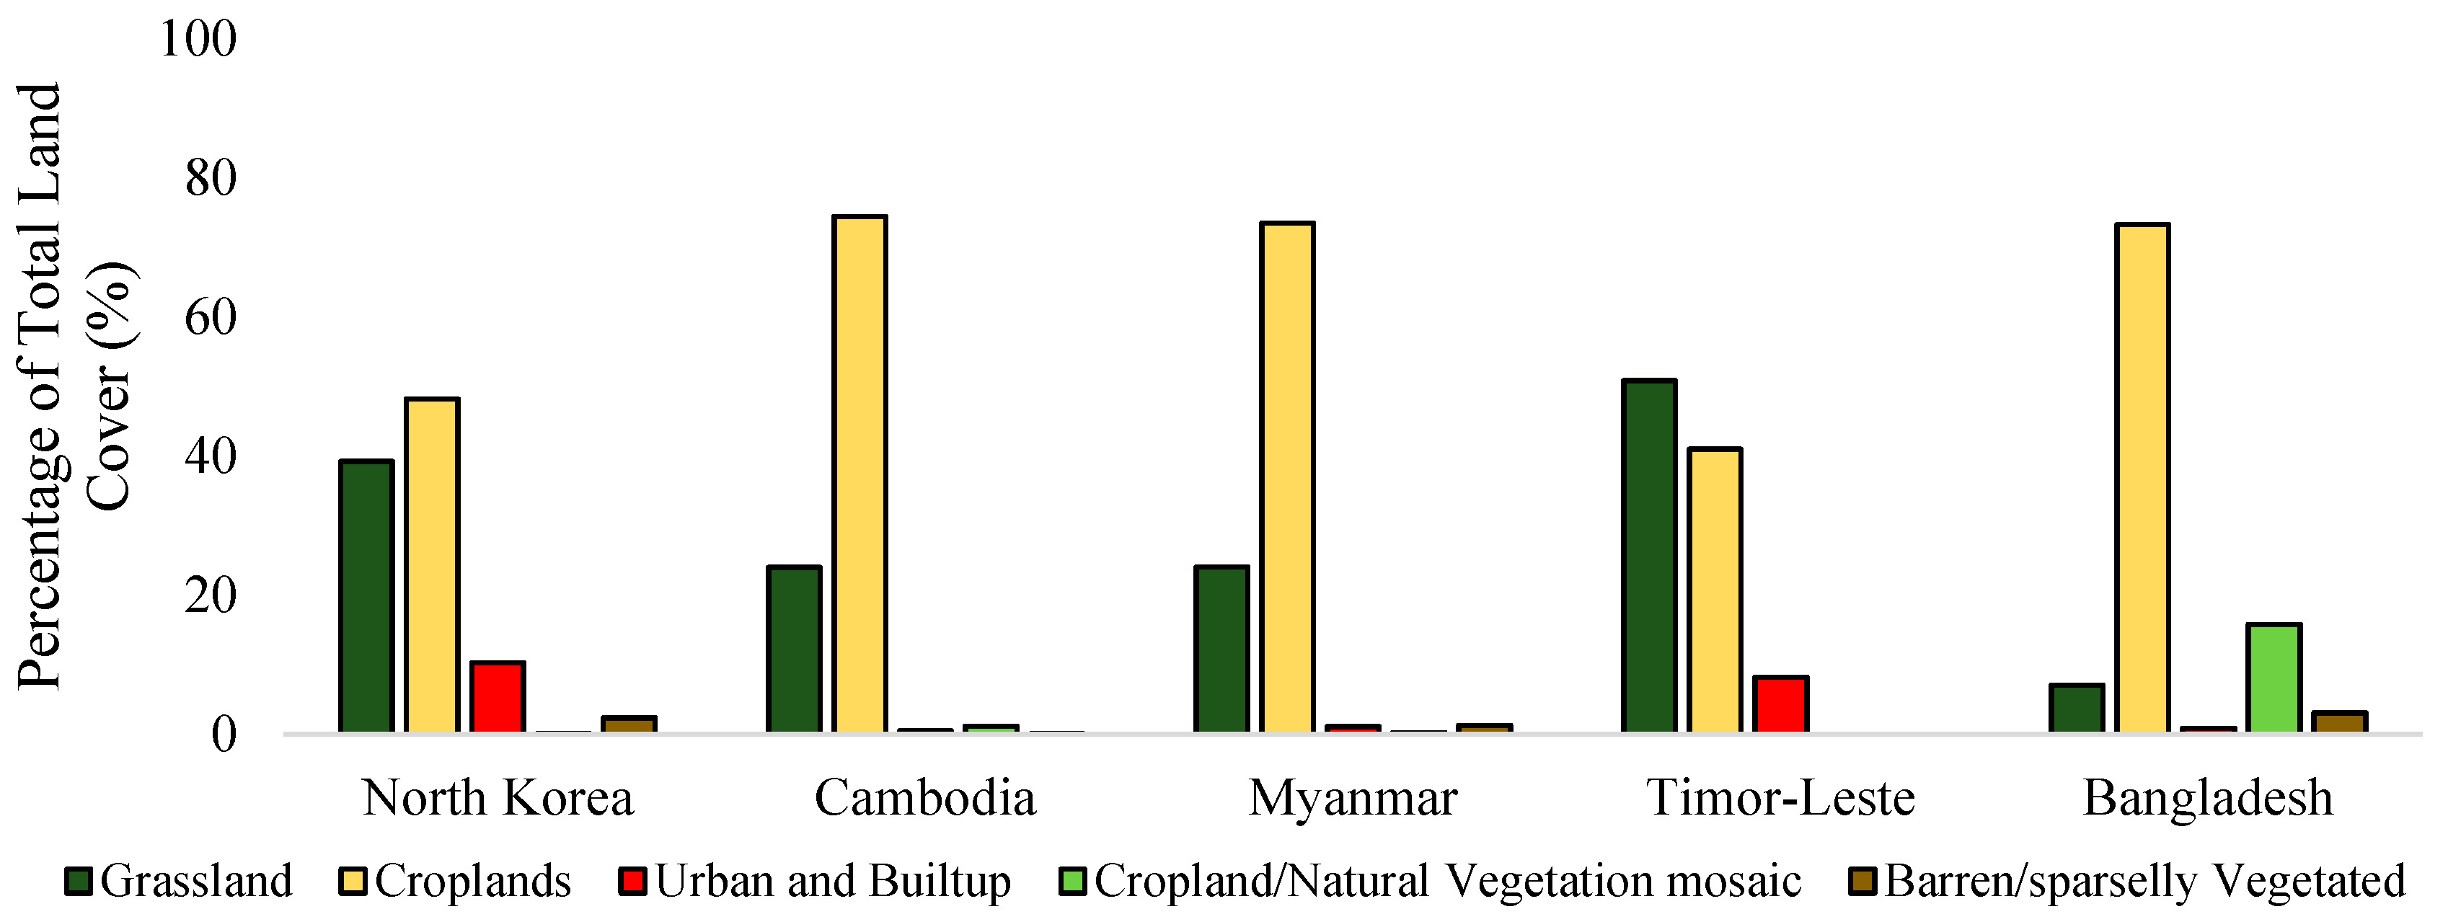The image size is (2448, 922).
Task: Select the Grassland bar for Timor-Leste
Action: (1649, 556)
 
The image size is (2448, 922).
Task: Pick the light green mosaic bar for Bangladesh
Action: (2273, 678)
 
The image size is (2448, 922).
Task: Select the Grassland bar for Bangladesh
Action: (2077, 708)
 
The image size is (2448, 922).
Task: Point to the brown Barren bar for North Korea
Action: (628, 724)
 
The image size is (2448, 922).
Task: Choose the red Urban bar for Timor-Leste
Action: (1780, 704)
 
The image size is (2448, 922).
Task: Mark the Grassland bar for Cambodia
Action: (793, 650)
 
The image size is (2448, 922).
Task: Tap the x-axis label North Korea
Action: (497, 799)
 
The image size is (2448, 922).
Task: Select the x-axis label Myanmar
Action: (1352, 799)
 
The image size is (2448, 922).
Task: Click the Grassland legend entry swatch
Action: (79, 881)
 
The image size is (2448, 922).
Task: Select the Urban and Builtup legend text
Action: (833, 881)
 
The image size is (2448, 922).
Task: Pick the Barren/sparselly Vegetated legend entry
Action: (2144, 881)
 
